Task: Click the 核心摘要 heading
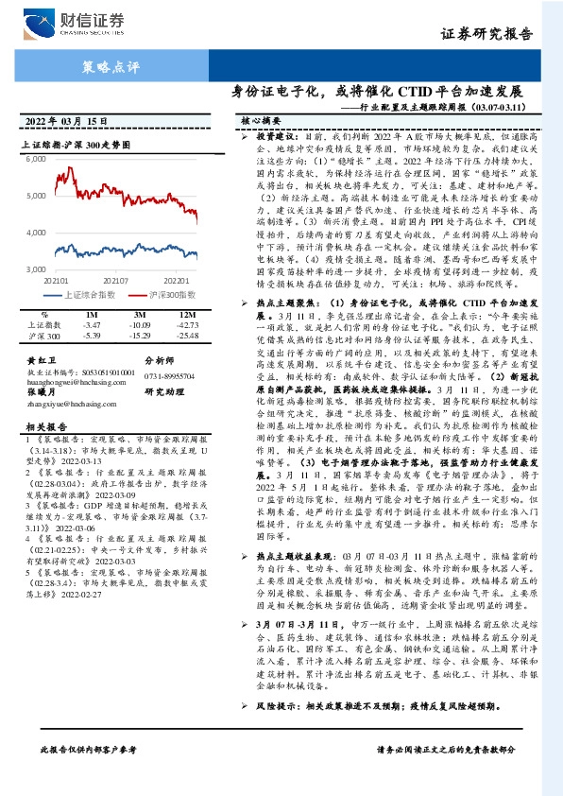point(261,122)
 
